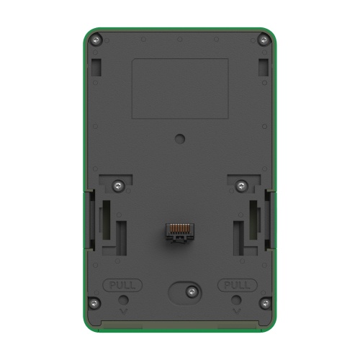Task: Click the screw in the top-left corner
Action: coord(96,40)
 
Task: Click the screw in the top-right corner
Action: coord(264,40)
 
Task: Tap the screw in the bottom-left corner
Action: coord(94,303)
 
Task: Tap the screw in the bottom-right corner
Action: coord(265,303)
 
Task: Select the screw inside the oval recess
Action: coord(192,292)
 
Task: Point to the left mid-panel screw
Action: coord(119,186)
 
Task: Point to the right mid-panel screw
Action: coord(242,186)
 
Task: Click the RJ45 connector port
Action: coord(180,233)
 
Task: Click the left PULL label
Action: coord(122,285)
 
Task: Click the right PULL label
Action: coord(237,285)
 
